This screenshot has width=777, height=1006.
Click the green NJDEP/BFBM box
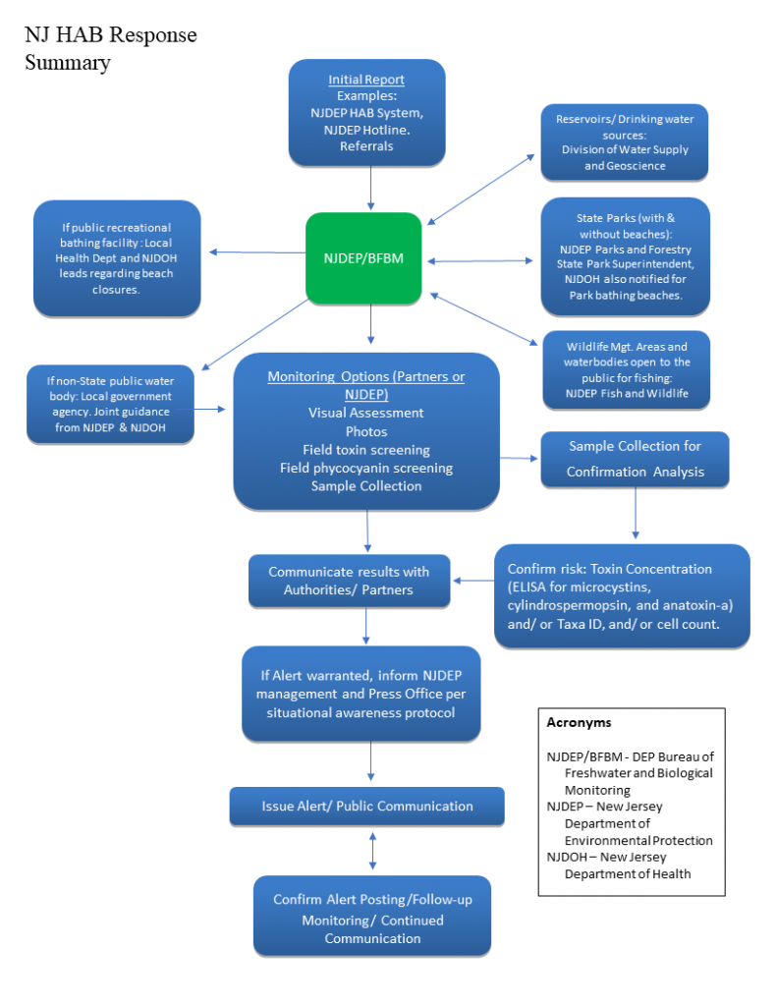point(363,258)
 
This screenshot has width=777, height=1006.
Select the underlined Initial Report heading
point(366,80)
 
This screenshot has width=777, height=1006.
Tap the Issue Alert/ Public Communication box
point(367,806)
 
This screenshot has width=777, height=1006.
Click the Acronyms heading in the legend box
point(579,722)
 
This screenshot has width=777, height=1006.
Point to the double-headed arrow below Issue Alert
point(372,851)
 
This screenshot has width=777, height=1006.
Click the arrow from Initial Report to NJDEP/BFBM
point(371,188)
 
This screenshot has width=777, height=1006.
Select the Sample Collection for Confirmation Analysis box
point(635,459)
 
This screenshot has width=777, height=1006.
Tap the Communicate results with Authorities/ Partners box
point(349,581)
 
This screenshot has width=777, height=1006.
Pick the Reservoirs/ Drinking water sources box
point(625,142)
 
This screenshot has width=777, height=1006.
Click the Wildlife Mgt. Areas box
point(627,369)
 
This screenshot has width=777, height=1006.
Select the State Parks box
point(625,256)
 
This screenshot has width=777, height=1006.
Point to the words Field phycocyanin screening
point(366,469)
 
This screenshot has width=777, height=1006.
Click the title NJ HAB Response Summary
point(110,48)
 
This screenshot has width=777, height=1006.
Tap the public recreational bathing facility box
point(117,258)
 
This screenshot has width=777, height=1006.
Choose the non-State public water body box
point(110,404)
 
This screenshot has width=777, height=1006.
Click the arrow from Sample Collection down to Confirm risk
point(636,513)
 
